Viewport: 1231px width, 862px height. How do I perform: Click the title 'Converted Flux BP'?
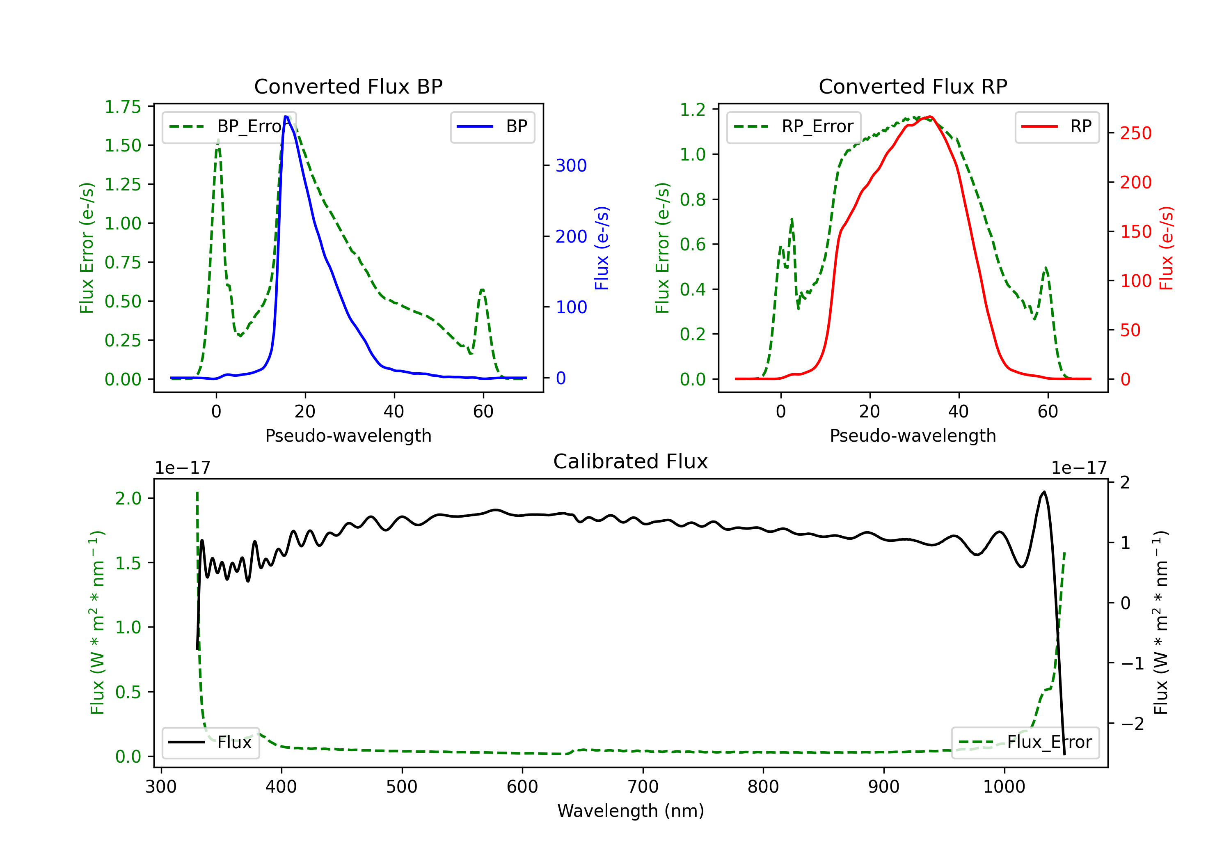click(x=348, y=86)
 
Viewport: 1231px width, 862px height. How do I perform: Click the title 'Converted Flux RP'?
click(x=913, y=86)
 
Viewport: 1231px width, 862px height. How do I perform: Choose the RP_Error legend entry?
click(x=794, y=126)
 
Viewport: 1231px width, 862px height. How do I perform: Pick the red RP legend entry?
click(x=1057, y=126)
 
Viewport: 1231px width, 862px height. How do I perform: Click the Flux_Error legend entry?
click(x=1025, y=743)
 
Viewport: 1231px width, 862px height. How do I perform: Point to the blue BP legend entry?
click(x=492, y=126)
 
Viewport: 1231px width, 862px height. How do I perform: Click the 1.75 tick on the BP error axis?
click(x=123, y=107)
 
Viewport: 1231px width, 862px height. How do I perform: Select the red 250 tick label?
click(x=1135, y=133)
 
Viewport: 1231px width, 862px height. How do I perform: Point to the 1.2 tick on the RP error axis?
click(x=693, y=110)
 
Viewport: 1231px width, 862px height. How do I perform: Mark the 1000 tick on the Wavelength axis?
click(x=1004, y=787)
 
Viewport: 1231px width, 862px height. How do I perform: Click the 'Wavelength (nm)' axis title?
click(x=631, y=811)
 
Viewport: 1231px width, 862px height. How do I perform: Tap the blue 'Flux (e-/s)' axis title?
click(x=602, y=248)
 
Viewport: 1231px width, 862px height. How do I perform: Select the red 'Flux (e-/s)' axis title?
click(x=1166, y=248)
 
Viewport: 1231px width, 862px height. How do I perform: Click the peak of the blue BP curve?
click(x=286, y=117)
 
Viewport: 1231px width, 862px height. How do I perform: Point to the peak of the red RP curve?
click(x=930, y=117)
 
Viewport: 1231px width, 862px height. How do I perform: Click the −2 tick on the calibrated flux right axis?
click(x=1132, y=724)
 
